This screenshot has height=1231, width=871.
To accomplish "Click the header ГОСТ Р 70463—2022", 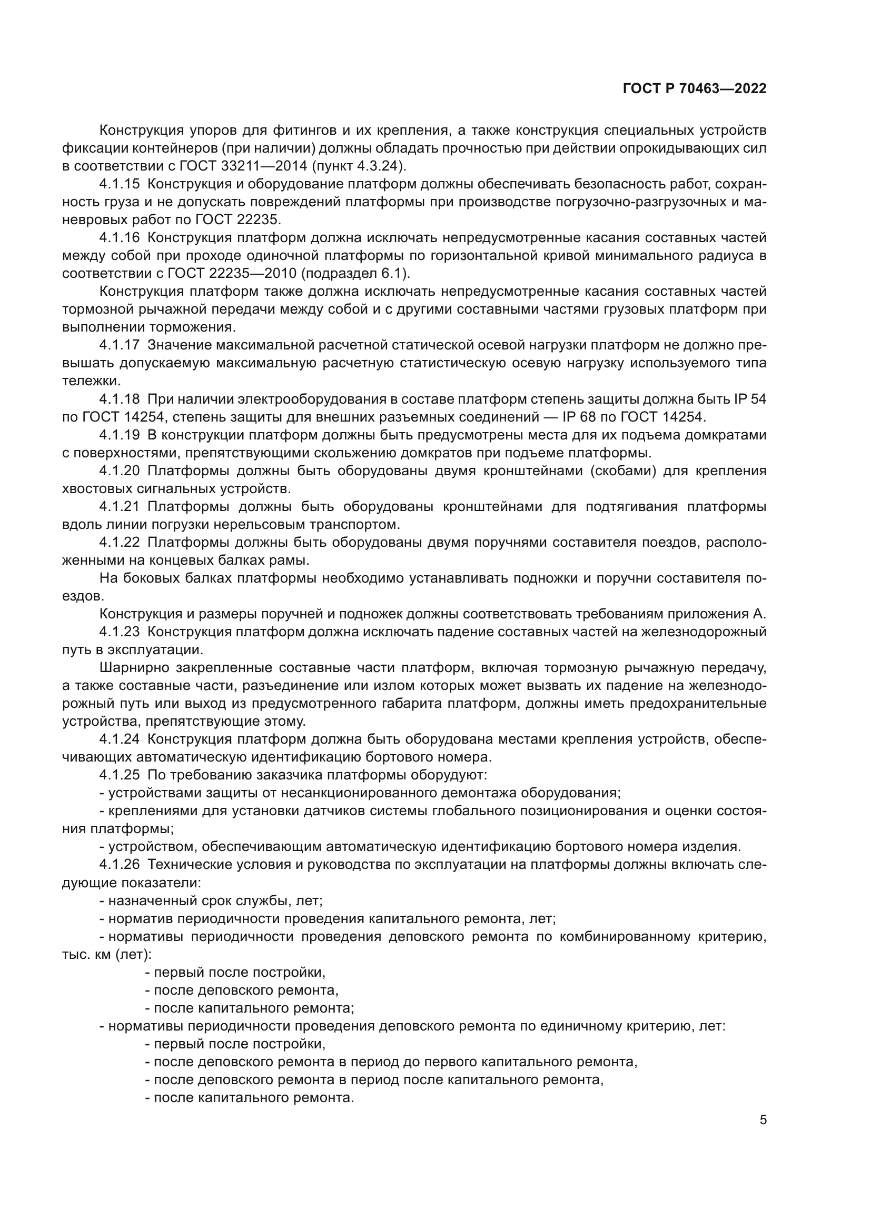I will pos(695,88).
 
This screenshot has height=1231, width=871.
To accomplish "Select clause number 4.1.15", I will pos(119,184).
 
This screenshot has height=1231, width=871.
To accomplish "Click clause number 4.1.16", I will pos(119,238).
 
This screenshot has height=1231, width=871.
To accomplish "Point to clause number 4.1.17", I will pos(119,345).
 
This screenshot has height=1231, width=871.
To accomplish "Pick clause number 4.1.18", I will pos(119,399).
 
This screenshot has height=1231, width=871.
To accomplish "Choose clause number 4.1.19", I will pos(119,435).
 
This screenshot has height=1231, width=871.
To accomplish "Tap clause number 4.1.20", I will pos(119,471).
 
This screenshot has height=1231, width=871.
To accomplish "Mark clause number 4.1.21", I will pos(119,506).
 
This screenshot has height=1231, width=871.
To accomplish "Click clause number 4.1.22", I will pos(119,542).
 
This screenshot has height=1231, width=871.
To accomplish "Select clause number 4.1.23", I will pos(119,632).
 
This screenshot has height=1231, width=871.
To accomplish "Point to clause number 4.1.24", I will pos(119,739).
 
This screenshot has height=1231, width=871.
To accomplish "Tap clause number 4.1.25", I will pos(119,775).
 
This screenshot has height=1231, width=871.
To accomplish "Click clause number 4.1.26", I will pos(119,864).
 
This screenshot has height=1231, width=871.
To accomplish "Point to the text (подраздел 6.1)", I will pos(355,274).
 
